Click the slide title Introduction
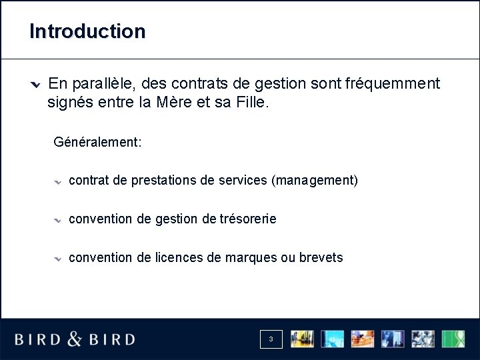(x=87, y=31)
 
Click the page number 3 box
(x=271, y=339)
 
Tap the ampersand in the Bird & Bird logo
(x=75, y=339)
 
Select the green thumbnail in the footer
(x=455, y=339)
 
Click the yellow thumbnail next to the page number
(x=302, y=339)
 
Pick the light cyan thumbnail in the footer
(x=333, y=339)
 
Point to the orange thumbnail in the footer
(x=363, y=339)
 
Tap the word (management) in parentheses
(x=315, y=181)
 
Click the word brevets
(x=321, y=257)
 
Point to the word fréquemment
(x=393, y=83)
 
